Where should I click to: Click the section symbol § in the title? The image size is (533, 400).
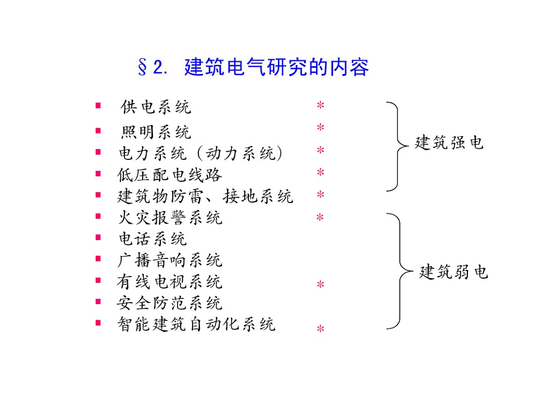click(142, 68)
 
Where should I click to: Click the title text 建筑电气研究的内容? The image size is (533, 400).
click(276, 68)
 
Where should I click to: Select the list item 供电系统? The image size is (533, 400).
click(156, 107)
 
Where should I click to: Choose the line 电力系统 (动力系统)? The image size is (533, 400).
click(200, 153)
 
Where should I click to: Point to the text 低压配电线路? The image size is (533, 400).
click(170, 174)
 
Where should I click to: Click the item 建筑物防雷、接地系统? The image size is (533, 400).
click(205, 196)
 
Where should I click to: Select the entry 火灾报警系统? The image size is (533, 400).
click(170, 217)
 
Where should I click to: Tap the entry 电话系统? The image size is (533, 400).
click(152, 239)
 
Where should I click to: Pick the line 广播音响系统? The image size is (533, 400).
click(170, 260)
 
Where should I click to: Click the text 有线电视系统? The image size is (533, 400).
click(170, 282)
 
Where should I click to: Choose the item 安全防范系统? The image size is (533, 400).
click(170, 303)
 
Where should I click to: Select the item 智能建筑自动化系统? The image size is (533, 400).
click(196, 324)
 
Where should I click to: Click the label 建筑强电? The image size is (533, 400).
click(449, 142)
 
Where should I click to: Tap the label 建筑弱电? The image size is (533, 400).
click(453, 271)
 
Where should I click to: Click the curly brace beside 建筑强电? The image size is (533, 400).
click(396, 146)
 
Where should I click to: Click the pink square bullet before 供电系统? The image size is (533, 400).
click(98, 106)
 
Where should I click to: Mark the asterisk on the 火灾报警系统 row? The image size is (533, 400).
click(321, 218)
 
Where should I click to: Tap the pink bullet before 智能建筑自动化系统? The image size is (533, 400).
click(98, 323)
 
